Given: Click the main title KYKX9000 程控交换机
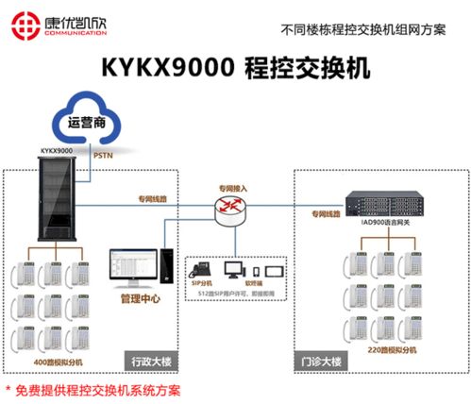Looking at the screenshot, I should (x=235, y=70).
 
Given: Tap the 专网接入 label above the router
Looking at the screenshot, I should (x=232, y=188).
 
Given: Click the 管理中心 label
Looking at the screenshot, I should (x=141, y=299).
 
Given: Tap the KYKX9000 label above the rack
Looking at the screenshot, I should (x=56, y=149).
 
